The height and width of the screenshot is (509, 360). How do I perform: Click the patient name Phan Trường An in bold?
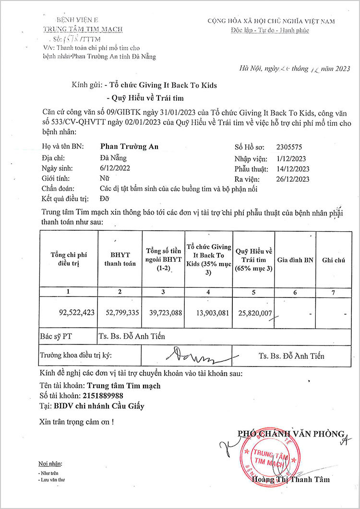tap(129, 147)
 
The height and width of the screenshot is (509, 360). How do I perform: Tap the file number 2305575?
tap(289, 147)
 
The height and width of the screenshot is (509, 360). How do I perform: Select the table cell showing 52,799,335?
tap(120, 312)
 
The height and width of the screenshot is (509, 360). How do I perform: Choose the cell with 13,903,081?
tap(210, 312)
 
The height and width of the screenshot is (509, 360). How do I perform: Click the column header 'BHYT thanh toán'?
tap(120, 259)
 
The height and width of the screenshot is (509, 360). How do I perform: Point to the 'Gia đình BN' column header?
tap(295, 260)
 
